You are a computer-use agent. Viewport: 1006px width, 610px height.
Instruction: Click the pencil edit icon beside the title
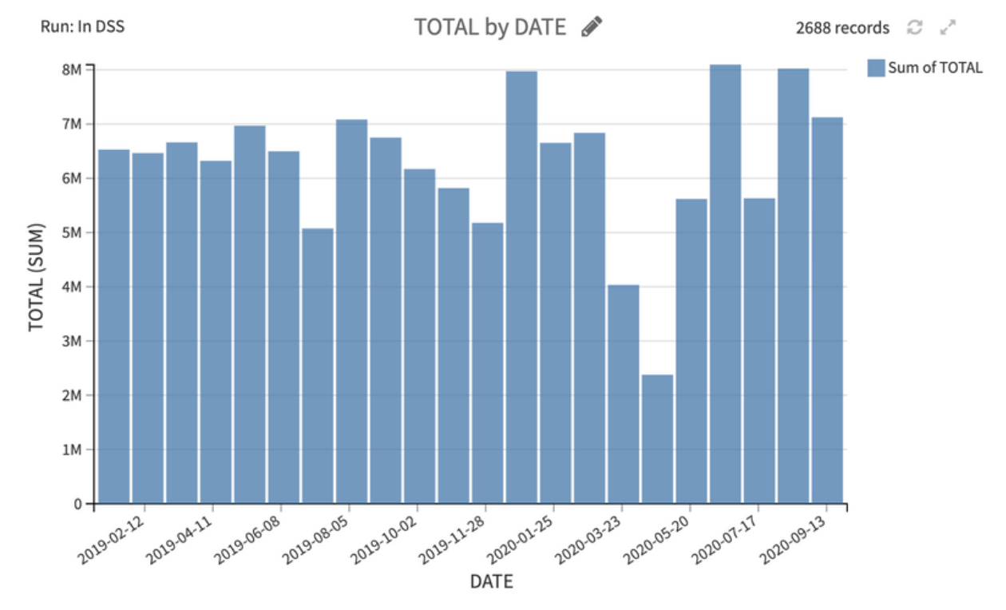(x=592, y=26)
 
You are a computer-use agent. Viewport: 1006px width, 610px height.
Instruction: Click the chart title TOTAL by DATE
(x=489, y=27)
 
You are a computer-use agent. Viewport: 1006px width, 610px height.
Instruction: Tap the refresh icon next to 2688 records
(x=915, y=27)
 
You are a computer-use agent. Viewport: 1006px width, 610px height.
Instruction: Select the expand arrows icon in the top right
(x=948, y=27)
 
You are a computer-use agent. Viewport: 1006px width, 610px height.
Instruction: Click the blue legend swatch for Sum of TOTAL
(x=876, y=68)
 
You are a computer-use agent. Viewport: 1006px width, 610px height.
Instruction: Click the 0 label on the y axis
(x=77, y=504)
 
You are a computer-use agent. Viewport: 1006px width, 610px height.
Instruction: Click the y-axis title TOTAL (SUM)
(x=36, y=278)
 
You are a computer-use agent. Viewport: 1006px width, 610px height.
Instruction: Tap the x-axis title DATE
(x=491, y=581)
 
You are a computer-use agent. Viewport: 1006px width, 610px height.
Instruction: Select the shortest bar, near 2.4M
(x=657, y=439)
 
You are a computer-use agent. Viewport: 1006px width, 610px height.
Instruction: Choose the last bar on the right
(x=827, y=311)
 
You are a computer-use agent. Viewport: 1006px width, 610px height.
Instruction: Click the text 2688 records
(x=842, y=28)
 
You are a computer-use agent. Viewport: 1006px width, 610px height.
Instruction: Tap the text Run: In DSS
(x=82, y=26)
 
